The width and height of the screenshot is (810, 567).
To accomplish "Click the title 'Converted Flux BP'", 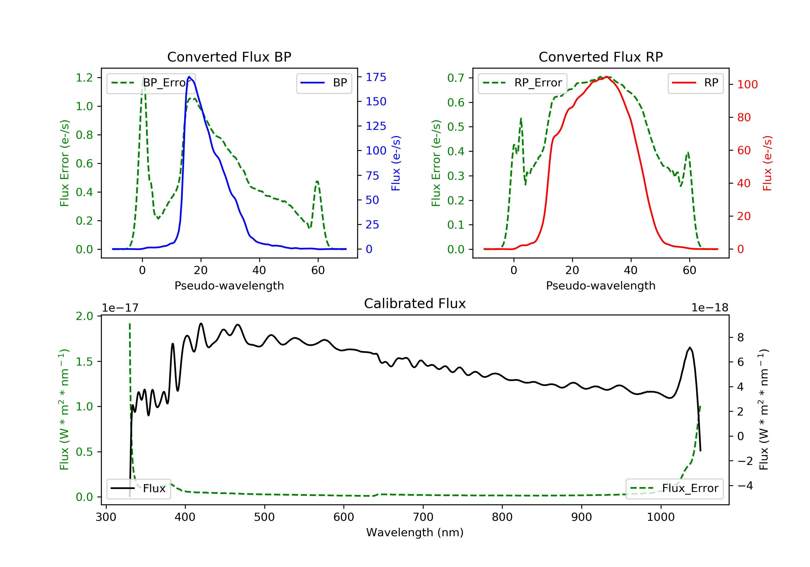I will (229, 57).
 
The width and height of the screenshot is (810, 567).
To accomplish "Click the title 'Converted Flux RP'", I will (600, 57).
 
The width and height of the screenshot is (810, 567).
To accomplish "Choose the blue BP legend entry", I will (324, 83).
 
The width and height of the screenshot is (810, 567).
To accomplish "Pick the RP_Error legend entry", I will (522, 83).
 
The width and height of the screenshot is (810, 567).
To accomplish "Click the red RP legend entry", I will (695, 83).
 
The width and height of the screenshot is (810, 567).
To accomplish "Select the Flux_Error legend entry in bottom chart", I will (674, 488).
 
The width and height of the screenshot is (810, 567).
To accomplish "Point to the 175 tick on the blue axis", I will (376, 77).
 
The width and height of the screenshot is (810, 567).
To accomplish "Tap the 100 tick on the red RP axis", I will (747, 85).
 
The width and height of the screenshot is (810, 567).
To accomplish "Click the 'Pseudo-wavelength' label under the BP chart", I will (229, 286).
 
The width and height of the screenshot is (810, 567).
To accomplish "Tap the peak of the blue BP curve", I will (190, 77).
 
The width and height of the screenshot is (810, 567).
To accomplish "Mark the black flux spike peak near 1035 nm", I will (690, 347).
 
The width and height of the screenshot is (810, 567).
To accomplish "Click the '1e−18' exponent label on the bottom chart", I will (710, 308).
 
